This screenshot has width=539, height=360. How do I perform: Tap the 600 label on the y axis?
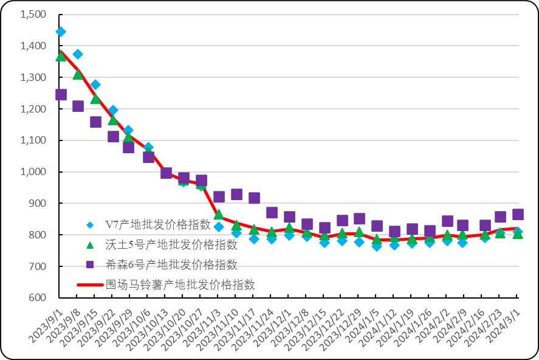click(x=37, y=297)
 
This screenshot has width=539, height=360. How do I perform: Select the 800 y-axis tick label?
click(x=37, y=235)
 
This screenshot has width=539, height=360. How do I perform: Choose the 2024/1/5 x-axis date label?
click(x=363, y=327)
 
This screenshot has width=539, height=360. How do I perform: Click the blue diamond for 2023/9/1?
click(x=61, y=32)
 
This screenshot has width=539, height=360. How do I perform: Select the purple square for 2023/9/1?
click(x=61, y=94)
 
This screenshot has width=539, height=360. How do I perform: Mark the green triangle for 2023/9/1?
click(x=61, y=56)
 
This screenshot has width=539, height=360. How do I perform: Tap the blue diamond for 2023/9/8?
click(x=78, y=54)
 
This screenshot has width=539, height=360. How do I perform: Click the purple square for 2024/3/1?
click(x=518, y=214)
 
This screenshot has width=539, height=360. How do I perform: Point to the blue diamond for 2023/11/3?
click(x=219, y=227)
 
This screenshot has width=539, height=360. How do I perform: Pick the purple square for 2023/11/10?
click(x=236, y=195)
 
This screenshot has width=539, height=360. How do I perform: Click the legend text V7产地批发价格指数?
click(x=158, y=225)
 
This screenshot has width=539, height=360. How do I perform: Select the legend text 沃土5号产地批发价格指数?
click(x=171, y=245)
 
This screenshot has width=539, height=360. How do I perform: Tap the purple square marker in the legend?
click(x=89, y=265)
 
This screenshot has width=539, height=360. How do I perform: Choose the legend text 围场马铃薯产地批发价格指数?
click(x=180, y=285)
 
